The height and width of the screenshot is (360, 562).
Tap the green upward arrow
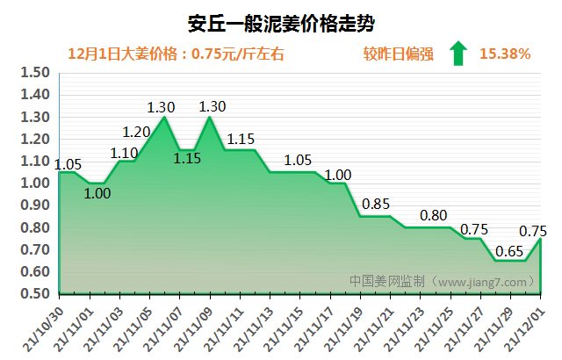(457, 54)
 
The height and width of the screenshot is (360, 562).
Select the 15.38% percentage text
(505, 54)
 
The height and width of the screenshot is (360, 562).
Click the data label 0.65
(510, 250)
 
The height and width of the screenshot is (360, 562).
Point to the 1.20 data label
(136, 133)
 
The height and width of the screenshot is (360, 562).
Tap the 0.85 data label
(376, 205)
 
